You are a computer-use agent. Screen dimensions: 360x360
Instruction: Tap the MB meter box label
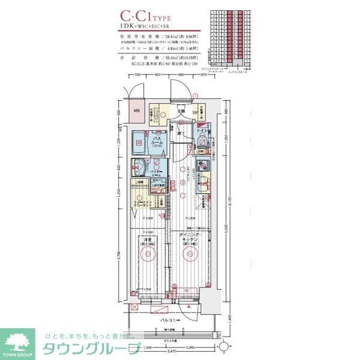(x=136, y=111)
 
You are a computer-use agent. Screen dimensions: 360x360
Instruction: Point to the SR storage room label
(x=195, y=112)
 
